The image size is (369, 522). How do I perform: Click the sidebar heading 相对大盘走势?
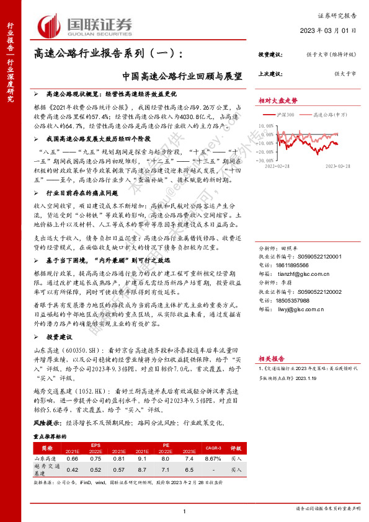pos(278,100)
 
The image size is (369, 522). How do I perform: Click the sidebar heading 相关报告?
pos(272,358)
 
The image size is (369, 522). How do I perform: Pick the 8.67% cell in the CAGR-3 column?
pos(212,458)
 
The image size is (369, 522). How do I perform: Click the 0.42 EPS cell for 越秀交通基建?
pos(72,470)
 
